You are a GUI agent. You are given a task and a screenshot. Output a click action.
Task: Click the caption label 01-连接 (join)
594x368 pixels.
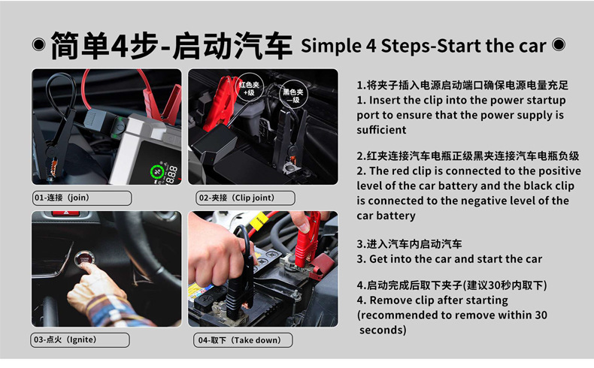[x=82, y=198]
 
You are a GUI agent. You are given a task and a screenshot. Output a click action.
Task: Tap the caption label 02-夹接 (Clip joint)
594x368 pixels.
[x=245, y=198]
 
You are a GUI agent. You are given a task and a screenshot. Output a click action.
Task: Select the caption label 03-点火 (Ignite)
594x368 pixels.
[x=80, y=339]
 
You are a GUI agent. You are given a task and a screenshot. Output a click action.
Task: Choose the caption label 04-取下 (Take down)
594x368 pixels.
[x=243, y=340]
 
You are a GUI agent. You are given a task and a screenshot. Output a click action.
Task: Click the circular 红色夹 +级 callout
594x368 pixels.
[x=249, y=88]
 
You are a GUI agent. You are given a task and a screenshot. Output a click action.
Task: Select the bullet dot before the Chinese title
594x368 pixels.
[x=38, y=44]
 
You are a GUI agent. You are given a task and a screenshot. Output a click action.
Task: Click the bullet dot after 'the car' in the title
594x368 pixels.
[x=559, y=44]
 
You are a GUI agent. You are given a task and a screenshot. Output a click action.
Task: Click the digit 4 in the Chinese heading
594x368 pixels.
[x=120, y=45]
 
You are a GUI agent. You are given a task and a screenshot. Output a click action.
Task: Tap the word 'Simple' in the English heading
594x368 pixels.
[x=331, y=47]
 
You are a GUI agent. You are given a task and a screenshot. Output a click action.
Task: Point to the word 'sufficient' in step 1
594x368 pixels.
[x=381, y=130]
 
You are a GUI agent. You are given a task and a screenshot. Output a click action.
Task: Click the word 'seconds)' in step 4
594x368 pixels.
[x=383, y=330]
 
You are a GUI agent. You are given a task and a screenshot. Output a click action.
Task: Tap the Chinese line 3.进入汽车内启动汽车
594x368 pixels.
[x=409, y=244]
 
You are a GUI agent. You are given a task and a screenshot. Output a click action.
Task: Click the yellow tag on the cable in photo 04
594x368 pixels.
[x=262, y=221]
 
